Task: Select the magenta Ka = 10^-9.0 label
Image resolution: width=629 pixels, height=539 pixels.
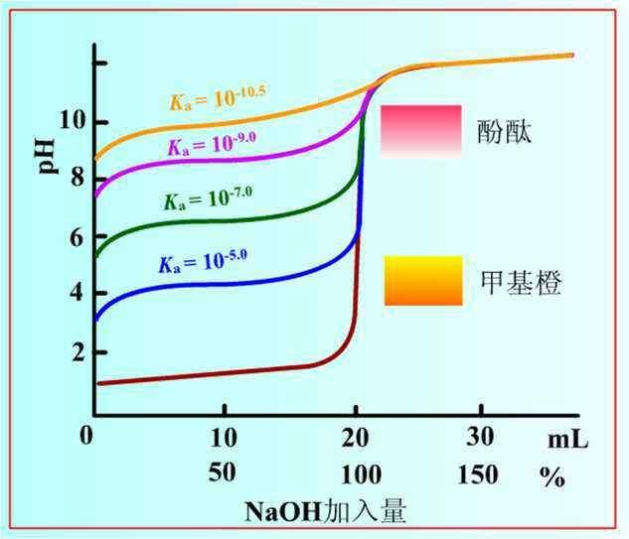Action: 214,145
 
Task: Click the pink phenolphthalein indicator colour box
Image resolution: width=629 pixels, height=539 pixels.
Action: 422,130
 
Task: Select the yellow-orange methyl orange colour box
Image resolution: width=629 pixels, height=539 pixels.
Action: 422,280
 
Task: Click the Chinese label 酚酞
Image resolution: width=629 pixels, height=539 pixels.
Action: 504,132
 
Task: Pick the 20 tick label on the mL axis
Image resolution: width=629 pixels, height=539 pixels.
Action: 356,437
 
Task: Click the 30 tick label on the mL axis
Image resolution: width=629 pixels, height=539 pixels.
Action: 480,437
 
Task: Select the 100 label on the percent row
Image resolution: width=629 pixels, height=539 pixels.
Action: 356,474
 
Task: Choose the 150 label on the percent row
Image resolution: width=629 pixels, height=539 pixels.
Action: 479,474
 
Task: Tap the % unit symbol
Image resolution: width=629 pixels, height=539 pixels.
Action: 552,476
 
